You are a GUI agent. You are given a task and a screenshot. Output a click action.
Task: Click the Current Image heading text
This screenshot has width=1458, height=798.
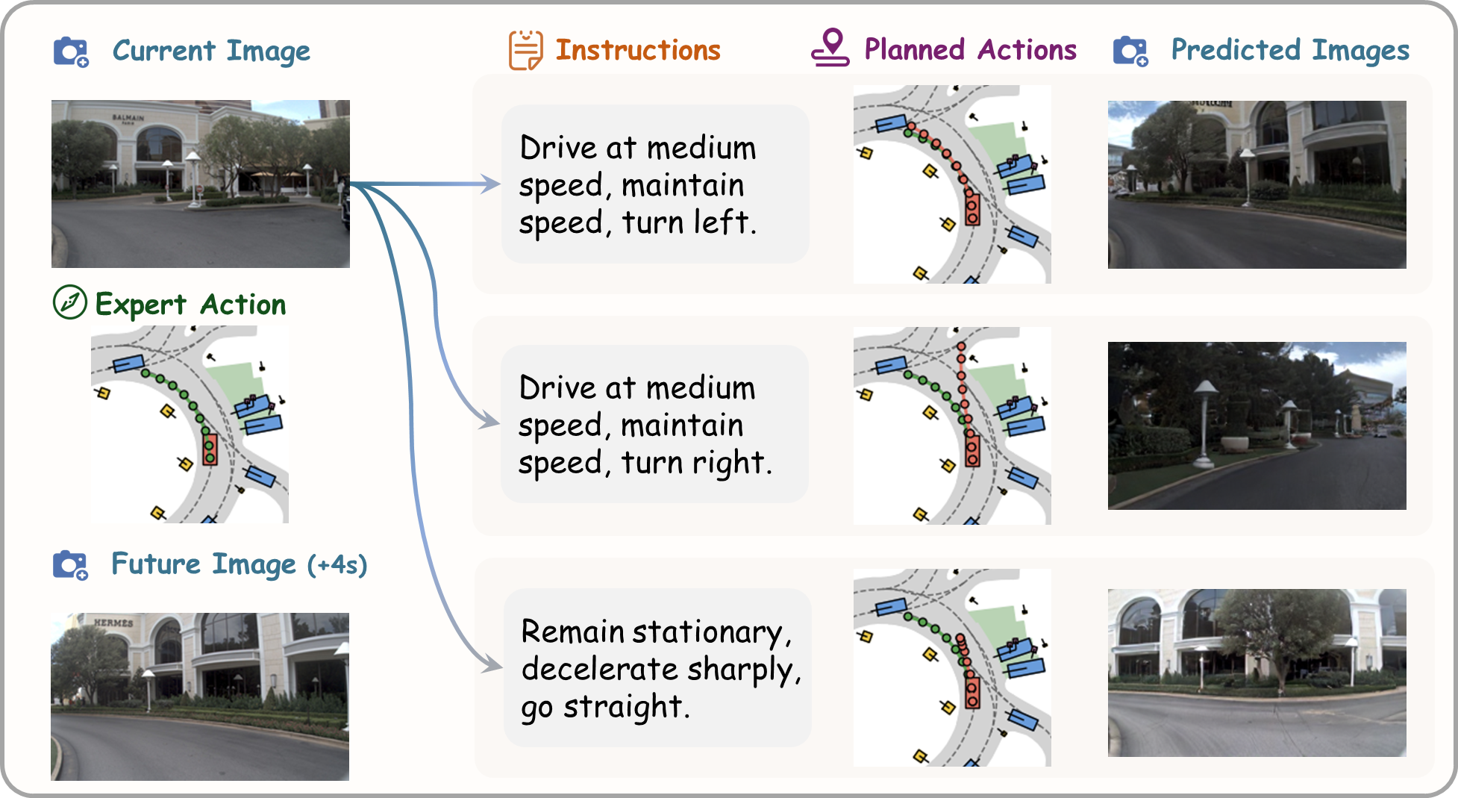coord(211,51)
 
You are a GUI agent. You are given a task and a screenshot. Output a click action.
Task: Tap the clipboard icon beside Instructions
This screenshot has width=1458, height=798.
coord(525,50)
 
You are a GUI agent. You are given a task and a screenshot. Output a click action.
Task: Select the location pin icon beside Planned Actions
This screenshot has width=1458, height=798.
coord(830,48)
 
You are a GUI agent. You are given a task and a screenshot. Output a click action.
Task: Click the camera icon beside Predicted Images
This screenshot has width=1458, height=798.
coord(1130,51)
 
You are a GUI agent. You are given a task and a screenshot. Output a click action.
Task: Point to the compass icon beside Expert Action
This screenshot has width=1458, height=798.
coord(69,302)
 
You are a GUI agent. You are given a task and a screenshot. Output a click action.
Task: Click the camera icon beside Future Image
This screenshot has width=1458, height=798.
coord(70,564)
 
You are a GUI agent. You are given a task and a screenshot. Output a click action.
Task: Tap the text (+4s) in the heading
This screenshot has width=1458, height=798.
coord(337,564)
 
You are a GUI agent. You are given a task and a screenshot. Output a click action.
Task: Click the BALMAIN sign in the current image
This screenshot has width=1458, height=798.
coord(128,118)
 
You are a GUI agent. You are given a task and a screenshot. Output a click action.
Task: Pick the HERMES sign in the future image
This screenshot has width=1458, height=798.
coord(113,622)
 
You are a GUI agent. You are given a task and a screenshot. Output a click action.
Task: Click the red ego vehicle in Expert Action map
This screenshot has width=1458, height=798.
coord(210,449)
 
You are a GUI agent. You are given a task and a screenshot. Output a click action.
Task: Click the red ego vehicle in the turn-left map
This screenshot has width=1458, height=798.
coord(972,208)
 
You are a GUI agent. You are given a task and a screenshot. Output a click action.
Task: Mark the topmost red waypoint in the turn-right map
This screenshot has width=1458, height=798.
coord(961,347)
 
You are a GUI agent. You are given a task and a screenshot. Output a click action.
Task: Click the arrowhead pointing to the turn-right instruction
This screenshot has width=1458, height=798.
coord(492,423)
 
